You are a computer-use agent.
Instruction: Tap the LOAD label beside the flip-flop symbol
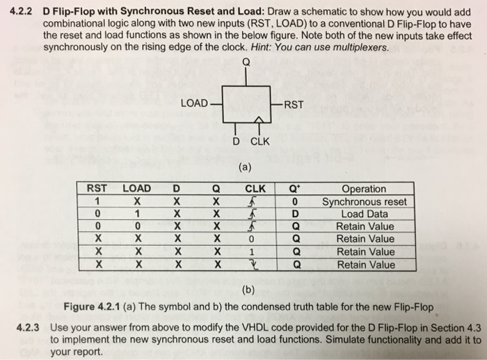click(x=194, y=104)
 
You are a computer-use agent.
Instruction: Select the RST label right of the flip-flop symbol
click(x=294, y=105)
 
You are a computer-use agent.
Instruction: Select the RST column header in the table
click(x=96, y=188)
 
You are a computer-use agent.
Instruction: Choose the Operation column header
click(x=363, y=189)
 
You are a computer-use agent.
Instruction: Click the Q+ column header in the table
click(x=296, y=188)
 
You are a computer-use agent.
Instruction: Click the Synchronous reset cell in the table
click(x=364, y=201)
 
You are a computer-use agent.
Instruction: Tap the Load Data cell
click(x=364, y=214)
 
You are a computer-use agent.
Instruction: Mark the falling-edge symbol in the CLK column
click(x=255, y=265)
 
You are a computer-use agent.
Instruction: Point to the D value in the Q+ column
click(x=296, y=214)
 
